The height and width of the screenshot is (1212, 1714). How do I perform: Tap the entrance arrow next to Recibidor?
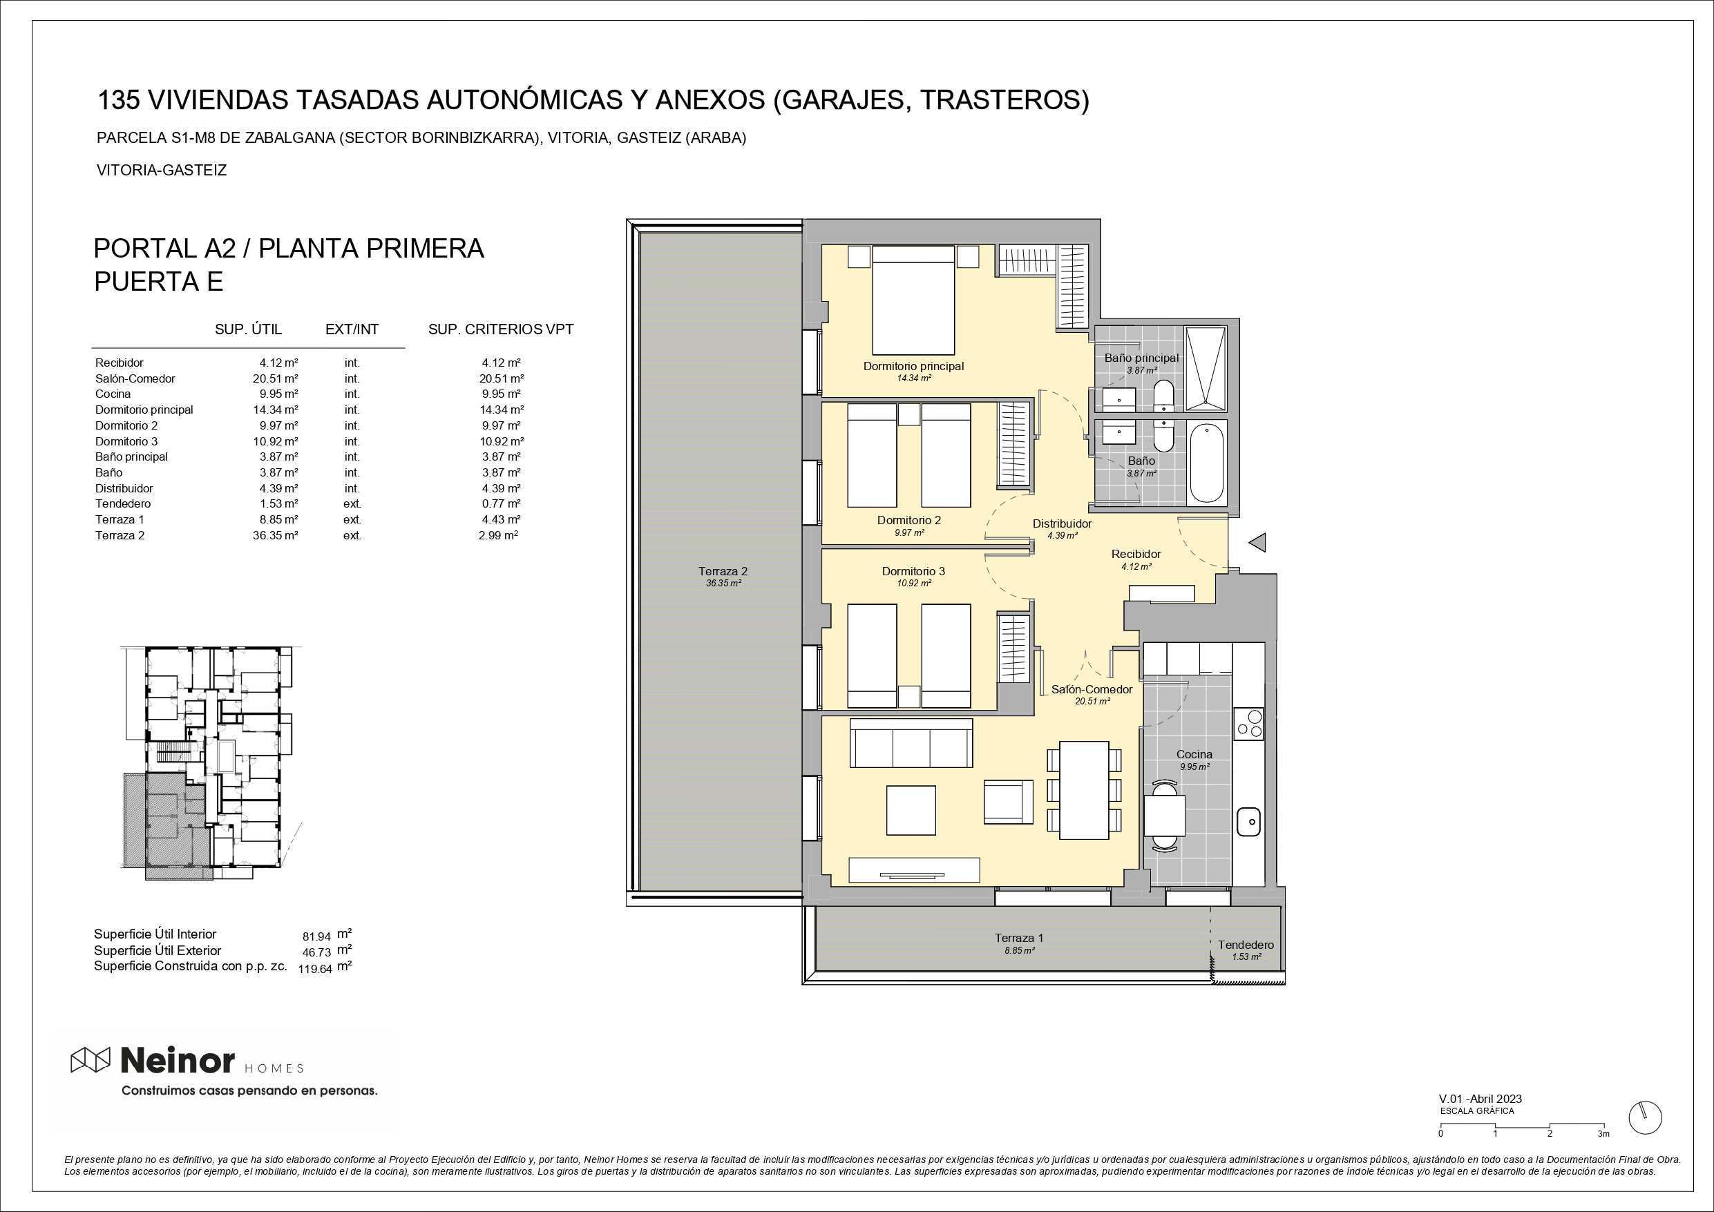coord(1257,543)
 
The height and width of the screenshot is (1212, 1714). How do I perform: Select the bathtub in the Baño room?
coord(1206,463)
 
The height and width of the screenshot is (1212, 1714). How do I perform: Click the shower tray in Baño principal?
coord(1205,369)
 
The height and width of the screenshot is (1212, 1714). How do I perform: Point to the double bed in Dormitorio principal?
coord(914,300)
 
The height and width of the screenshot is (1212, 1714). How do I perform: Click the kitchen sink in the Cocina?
coord(1249,822)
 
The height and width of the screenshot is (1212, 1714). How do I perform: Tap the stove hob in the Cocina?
coord(1248,723)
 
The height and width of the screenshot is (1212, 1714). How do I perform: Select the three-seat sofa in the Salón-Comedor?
coord(911,742)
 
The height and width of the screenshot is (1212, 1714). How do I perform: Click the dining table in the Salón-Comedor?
coord(1085,789)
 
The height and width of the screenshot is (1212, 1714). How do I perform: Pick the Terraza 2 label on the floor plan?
coord(723,571)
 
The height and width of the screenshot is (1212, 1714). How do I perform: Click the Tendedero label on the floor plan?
coord(1246,945)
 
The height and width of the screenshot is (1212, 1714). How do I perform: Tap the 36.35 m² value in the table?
coord(276,535)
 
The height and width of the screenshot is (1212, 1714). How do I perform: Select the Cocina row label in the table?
coord(113,394)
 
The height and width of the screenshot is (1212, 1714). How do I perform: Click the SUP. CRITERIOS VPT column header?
coord(501,329)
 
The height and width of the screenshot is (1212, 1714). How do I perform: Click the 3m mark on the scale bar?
coord(1603,1134)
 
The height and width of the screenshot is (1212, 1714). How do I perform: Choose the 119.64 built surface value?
coord(315,970)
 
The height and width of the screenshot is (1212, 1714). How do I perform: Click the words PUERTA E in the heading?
coord(159,281)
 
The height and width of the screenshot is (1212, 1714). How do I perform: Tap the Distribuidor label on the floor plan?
coord(1063,524)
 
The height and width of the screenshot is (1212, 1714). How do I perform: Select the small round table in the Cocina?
coord(1165,815)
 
